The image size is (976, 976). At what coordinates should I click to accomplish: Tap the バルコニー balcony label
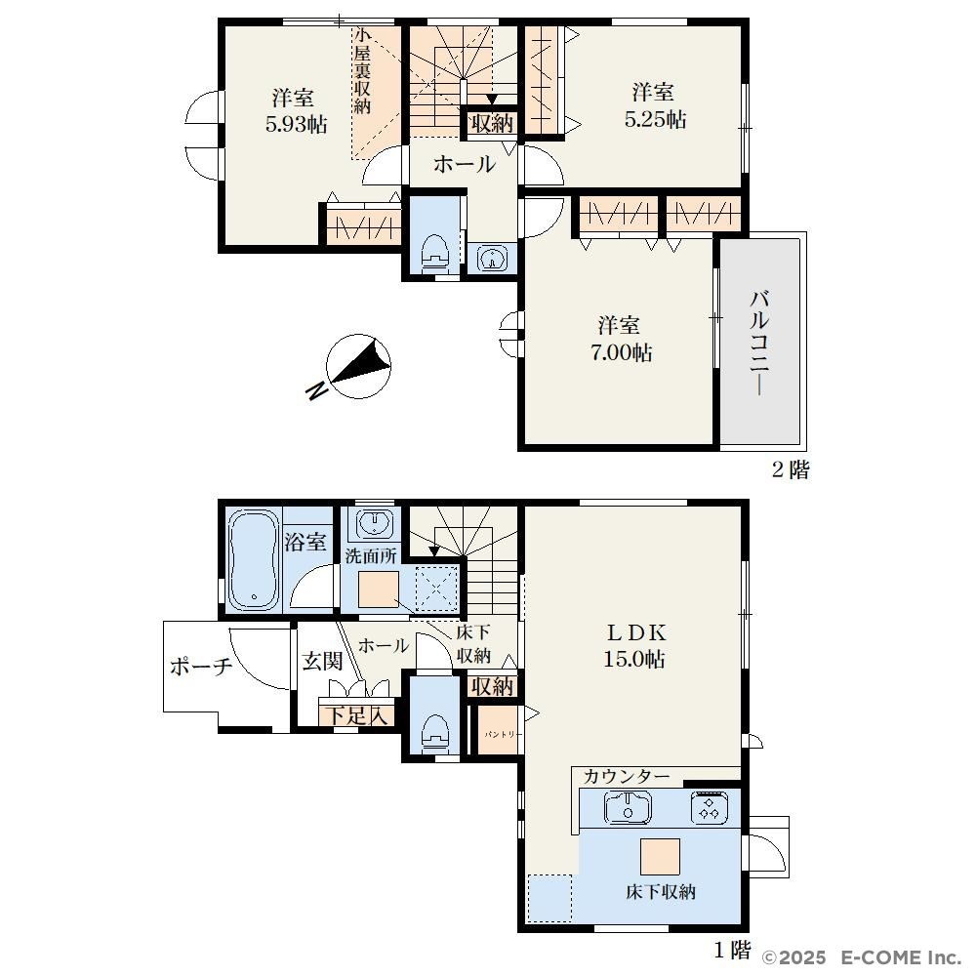pyautogui.click(x=759, y=342)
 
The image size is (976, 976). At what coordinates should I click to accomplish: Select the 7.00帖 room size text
pyautogui.click(x=621, y=353)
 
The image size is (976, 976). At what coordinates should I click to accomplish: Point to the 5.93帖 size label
pyautogui.click(x=297, y=125)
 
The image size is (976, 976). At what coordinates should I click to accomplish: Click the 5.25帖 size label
pyautogui.click(x=656, y=119)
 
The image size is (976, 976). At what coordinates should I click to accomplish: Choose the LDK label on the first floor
pyautogui.click(x=636, y=633)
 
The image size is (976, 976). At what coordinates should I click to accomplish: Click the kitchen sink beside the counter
pyautogui.click(x=628, y=808)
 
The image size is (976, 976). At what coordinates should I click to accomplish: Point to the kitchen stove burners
pyautogui.click(x=708, y=808)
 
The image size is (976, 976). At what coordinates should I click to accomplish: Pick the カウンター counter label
pyautogui.click(x=627, y=776)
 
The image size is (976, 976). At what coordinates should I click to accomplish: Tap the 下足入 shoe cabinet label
pyautogui.click(x=356, y=715)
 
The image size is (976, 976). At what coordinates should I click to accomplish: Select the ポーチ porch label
pyautogui.click(x=201, y=667)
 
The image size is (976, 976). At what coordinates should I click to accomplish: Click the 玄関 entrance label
pyautogui.click(x=322, y=661)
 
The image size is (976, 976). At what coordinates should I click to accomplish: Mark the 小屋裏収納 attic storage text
pyautogui.click(x=362, y=70)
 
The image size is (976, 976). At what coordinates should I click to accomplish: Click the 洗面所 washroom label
pyautogui.click(x=371, y=556)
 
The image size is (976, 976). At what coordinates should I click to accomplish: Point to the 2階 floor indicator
pyautogui.click(x=792, y=469)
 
